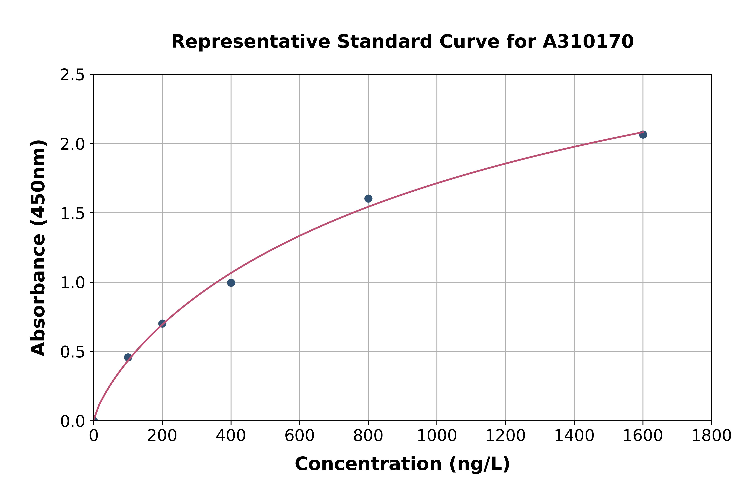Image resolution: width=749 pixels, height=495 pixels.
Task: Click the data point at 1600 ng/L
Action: pyautogui.click(x=643, y=134)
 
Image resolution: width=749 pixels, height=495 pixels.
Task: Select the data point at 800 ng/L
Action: pyautogui.click(x=368, y=198)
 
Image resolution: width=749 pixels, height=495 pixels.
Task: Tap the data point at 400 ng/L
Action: pyautogui.click(x=231, y=282)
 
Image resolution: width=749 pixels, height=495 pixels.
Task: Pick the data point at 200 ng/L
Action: pyautogui.click(x=162, y=323)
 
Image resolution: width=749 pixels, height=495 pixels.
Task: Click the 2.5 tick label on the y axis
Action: pyautogui.click(x=73, y=75)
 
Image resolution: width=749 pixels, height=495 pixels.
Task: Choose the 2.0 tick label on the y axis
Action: pyautogui.click(x=73, y=144)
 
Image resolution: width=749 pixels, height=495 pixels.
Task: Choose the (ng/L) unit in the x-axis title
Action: pyautogui.click(x=479, y=464)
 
